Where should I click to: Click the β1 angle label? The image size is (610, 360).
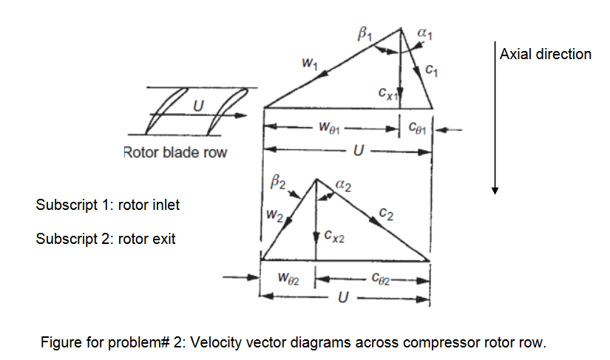(365, 33)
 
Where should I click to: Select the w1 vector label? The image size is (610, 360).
(311, 65)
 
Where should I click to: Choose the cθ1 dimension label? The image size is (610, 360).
(416, 127)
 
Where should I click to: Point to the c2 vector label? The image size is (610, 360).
(385, 215)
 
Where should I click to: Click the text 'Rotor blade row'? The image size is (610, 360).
(175, 153)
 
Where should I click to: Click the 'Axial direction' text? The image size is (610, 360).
(546, 54)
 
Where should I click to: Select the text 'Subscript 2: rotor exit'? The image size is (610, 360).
(105, 240)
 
